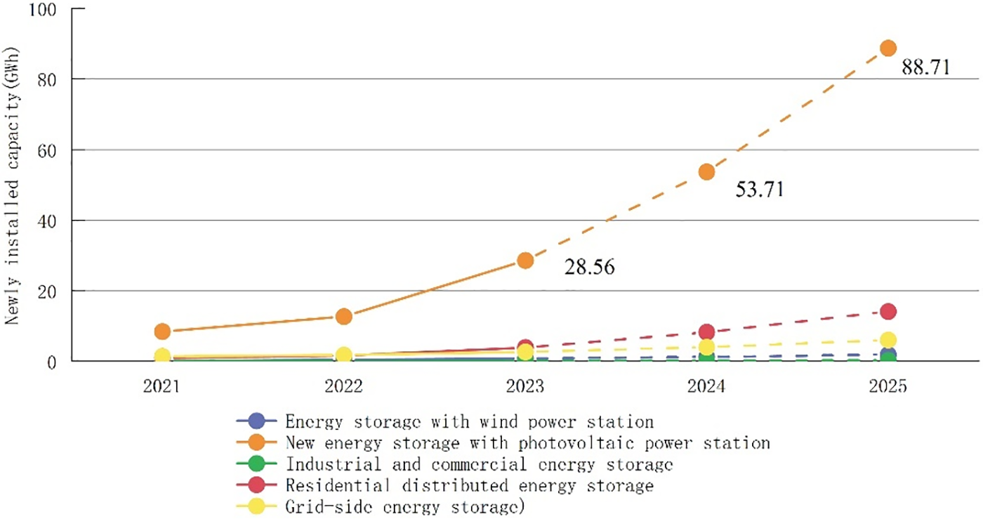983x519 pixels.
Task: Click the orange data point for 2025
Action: point(888,48)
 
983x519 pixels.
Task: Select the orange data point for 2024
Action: point(706,172)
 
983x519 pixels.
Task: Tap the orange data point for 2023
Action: point(525,261)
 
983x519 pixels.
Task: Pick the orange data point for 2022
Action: point(343,316)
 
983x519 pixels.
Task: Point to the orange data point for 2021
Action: point(162,331)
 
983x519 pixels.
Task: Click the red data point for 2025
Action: point(888,311)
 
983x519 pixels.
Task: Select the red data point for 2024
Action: point(706,332)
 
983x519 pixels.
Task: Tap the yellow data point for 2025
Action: point(888,340)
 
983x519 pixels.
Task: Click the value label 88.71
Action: point(926,68)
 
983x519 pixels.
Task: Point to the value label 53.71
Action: point(759,190)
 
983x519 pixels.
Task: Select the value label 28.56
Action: point(590,268)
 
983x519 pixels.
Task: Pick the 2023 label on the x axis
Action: point(525,386)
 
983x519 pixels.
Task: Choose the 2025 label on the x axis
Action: point(888,386)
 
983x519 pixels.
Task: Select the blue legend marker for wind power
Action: point(257,421)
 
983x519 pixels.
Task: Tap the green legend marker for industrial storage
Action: point(257,464)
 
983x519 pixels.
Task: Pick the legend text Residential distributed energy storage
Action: point(469,485)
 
